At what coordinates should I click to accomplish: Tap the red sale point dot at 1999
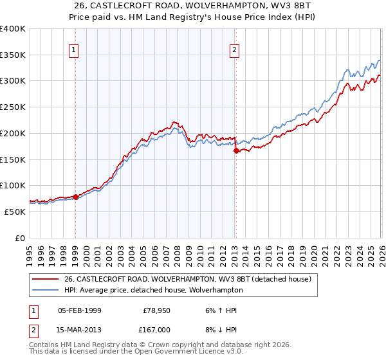75,197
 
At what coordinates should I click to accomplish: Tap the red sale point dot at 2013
236,150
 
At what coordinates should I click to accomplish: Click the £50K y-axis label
15,212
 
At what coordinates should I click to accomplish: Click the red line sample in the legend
46,279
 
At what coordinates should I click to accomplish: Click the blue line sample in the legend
46,290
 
